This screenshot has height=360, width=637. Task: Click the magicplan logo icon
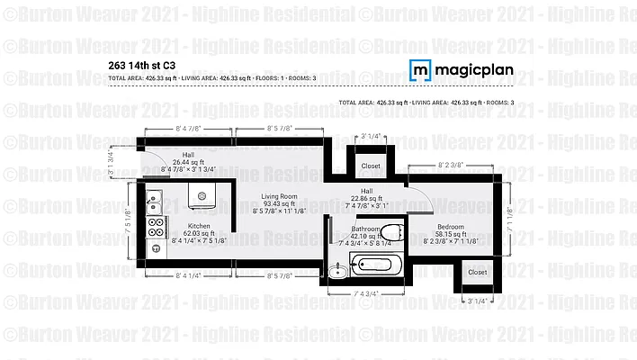(419, 70)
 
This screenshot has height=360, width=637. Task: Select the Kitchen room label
(199, 226)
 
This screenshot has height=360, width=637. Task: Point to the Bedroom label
(451, 226)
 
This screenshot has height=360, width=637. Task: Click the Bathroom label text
(365, 229)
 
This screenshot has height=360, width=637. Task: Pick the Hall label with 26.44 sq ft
(188, 155)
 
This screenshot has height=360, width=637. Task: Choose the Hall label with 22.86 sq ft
(366, 191)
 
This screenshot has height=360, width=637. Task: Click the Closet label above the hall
(371, 166)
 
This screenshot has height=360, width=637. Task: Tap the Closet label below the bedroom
(477, 272)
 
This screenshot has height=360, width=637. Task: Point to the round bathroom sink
(336, 269)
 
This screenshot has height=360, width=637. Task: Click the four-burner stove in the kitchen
(156, 227)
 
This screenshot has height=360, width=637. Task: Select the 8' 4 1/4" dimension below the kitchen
(189, 274)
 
